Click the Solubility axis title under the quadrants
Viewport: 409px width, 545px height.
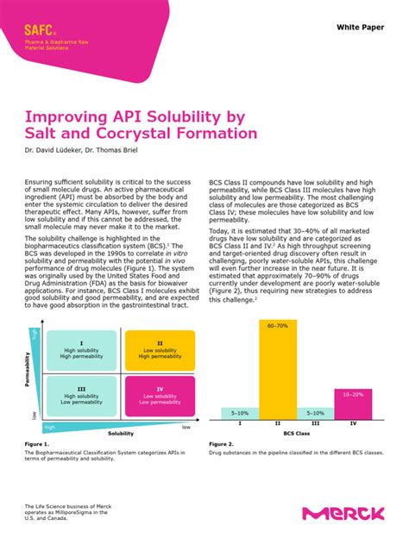pos(121,434)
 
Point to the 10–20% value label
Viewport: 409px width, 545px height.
pos(353,394)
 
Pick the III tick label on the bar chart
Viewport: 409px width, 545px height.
pos(315,424)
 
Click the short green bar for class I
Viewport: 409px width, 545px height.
pos(239,412)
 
